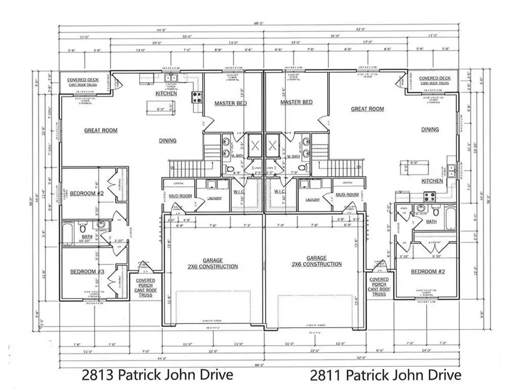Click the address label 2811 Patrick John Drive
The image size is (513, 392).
pyautogui.click(x=386, y=374)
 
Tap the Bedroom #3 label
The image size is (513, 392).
pyautogui.click(x=87, y=272)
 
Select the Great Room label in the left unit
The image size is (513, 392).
pyautogui.click(x=101, y=130)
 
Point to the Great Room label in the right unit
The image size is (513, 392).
pyautogui.click(x=367, y=109)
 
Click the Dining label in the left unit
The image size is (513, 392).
pyautogui.click(x=165, y=141)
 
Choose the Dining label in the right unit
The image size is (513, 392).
pyautogui.click(x=430, y=129)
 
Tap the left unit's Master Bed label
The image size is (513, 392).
pyautogui.click(x=230, y=103)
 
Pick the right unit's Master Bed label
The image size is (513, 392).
pyautogui.click(x=297, y=103)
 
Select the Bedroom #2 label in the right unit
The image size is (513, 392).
pyautogui.click(x=429, y=271)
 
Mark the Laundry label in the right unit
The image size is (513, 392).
pyautogui.click(x=312, y=199)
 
